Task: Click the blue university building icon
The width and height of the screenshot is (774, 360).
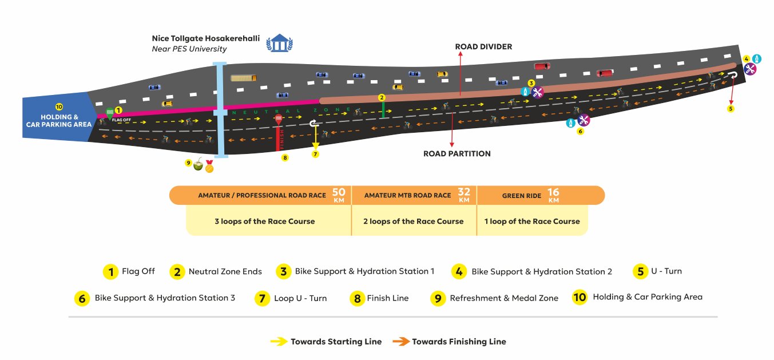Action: click(x=280, y=43)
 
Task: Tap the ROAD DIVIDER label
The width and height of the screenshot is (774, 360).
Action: click(x=483, y=46)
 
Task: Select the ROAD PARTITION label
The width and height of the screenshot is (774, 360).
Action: click(x=457, y=153)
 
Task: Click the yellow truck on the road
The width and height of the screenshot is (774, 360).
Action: click(x=243, y=78)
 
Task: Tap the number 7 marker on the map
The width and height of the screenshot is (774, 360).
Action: click(x=315, y=155)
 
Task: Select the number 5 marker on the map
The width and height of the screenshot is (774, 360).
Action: click(x=731, y=108)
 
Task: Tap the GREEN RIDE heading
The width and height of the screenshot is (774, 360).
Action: click(x=522, y=196)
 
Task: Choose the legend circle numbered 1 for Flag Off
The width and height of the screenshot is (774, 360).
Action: click(x=110, y=272)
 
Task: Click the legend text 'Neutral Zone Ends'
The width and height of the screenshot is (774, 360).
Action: click(x=225, y=272)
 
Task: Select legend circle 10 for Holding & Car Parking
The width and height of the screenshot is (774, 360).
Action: click(x=579, y=297)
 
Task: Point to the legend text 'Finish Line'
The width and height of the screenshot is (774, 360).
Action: click(x=387, y=298)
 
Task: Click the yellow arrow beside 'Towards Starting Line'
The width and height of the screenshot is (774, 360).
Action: click(x=279, y=342)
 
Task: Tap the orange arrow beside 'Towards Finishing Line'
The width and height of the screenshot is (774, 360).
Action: click(x=401, y=342)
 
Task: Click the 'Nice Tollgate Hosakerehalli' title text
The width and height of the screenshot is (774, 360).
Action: click(x=205, y=38)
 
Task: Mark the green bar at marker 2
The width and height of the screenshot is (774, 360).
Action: click(x=383, y=110)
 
